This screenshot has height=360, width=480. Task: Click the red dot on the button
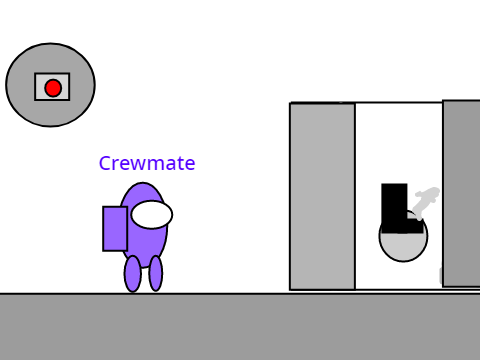coord(53,88)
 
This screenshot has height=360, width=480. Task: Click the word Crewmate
coord(147,163)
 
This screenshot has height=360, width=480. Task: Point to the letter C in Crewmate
coord(105,163)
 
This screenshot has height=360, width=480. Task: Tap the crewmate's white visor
coord(152,215)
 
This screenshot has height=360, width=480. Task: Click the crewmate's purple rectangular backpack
coord(115,229)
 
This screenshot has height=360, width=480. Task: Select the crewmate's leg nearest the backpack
coord(133,274)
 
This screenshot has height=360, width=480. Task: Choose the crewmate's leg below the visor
coord(156,273)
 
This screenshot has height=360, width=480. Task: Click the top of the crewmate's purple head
coord(143,183)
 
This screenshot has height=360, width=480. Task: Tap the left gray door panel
coord(322,196)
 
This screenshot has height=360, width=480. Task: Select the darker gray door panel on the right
coord(461,193)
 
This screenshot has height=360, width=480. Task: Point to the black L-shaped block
coord(394,208)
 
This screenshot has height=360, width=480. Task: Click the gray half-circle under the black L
coord(403,247)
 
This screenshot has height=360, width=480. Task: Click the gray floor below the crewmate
coord(240,327)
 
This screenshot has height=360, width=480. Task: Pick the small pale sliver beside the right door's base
coord(441,275)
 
